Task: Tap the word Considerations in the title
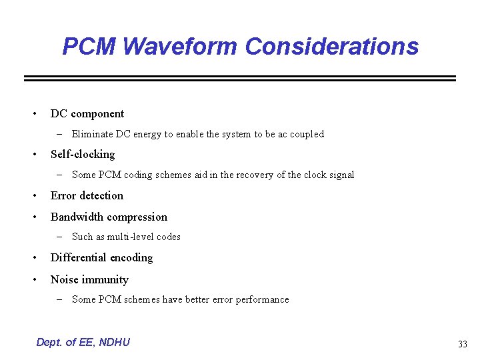pyautogui.click(x=331, y=47)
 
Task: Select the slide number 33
pyautogui.click(x=462, y=344)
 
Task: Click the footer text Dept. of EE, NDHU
pyautogui.click(x=83, y=342)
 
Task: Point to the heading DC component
pyautogui.click(x=87, y=113)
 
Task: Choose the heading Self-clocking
pyautogui.click(x=83, y=154)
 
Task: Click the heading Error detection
pyautogui.click(x=87, y=195)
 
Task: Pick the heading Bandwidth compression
pyautogui.click(x=109, y=217)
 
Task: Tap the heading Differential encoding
pyautogui.click(x=101, y=257)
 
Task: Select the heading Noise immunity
pyautogui.click(x=89, y=279)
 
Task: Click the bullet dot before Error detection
pyautogui.click(x=35, y=196)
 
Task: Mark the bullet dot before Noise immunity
pyautogui.click(x=35, y=280)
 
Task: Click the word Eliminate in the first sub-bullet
pyautogui.click(x=92, y=134)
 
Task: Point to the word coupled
pyautogui.click(x=307, y=134)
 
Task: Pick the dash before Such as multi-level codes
pyautogui.click(x=59, y=237)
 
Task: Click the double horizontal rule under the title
pyautogui.click(x=240, y=79)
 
